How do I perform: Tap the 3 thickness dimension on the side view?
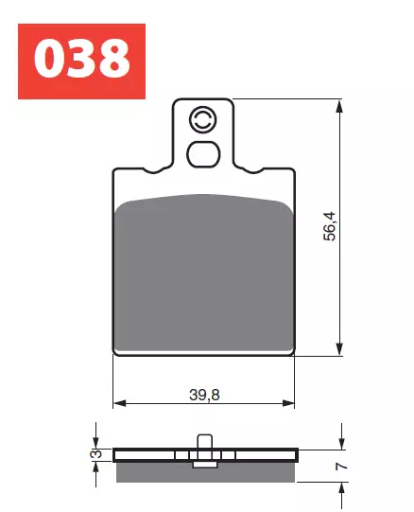95,456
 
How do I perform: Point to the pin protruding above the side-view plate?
202,440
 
